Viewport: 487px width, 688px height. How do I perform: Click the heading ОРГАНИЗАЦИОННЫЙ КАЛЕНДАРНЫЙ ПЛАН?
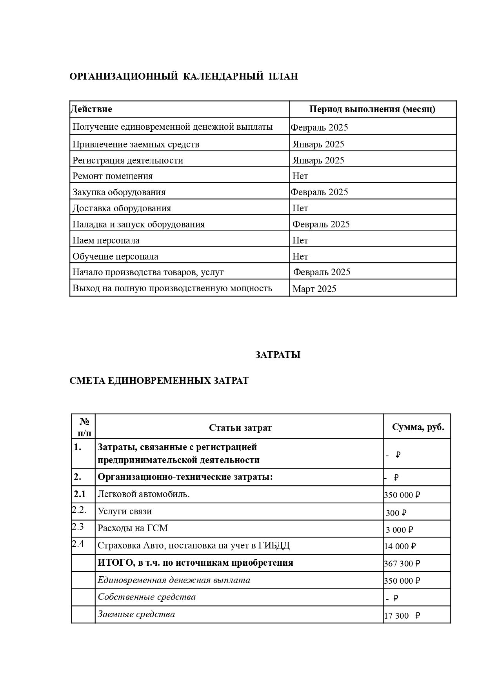(x=184, y=76)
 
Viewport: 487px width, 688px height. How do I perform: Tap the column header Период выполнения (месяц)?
(x=372, y=109)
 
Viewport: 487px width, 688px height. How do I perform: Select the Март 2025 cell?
(x=314, y=289)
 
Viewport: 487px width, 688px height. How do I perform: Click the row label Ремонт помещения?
(x=113, y=176)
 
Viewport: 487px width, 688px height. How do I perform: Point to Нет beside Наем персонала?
(x=300, y=240)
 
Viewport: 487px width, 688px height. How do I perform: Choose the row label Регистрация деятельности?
(x=128, y=160)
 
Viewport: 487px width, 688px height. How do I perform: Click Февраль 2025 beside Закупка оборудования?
(x=320, y=192)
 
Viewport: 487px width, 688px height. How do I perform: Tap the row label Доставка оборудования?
(x=122, y=208)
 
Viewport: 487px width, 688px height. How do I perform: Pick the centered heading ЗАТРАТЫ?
(x=278, y=355)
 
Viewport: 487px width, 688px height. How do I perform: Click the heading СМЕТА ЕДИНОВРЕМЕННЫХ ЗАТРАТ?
(x=159, y=381)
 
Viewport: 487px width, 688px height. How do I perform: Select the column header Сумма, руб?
(x=418, y=427)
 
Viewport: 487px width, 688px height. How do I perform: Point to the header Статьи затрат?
(x=240, y=428)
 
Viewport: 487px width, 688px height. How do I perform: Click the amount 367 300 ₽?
(x=402, y=564)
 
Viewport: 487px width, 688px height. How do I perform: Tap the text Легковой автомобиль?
(x=144, y=494)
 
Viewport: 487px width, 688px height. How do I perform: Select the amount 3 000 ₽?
(x=400, y=530)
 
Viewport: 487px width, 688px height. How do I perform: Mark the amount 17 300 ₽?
(x=402, y=615)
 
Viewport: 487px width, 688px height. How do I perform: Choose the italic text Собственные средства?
(x=147, y=597)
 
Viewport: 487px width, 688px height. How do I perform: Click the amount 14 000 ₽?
(x=400, y=546)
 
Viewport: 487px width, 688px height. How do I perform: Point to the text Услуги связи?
(x=125, y=511)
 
